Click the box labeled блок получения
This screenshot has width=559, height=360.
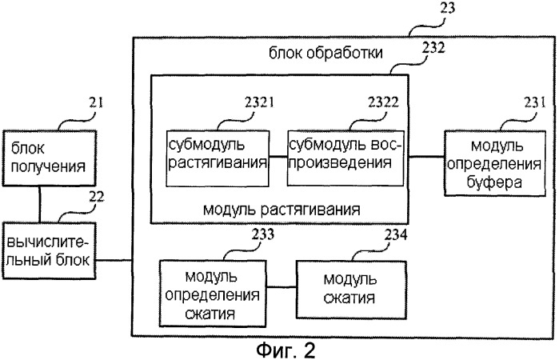click(50, 158)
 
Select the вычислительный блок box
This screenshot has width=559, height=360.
click(50, 250)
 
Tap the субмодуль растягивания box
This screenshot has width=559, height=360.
click(218, 158)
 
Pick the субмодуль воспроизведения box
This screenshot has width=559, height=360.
click(345, 158)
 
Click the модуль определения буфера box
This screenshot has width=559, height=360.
click(495, 163)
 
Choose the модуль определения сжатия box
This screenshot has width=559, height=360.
click(213, 294)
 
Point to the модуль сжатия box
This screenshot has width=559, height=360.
click(351, 290)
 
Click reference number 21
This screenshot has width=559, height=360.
click(95, 102)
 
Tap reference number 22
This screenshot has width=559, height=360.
click(96, 197)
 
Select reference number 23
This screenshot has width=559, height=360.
click(447, 8)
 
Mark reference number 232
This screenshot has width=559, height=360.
click(433, 47)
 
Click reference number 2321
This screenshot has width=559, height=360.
click(259, 102)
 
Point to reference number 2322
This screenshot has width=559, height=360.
click(383, 102)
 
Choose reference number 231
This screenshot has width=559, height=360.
click(535, 102)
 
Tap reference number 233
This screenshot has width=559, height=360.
click(263, 234)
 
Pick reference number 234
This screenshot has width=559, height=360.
click(396, 234)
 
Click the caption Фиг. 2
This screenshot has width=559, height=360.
click(286, 350)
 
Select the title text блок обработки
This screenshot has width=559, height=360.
click(325, 53)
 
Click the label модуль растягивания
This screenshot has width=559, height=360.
click(281, 210)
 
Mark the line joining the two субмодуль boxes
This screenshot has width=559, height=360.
click(278, 156)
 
